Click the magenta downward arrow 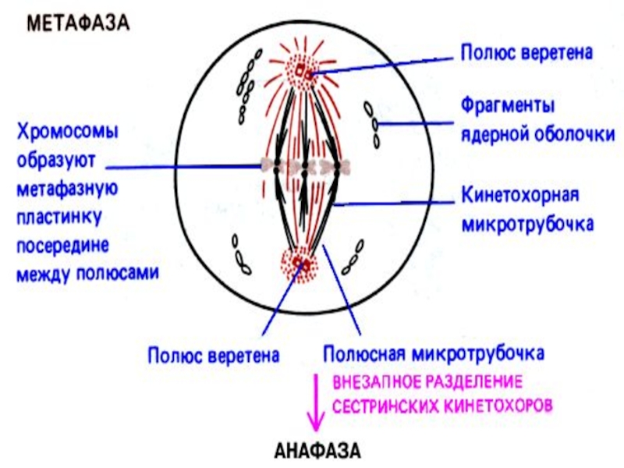[x=316, y=402]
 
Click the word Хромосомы [x=65, y=133]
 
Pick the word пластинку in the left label [x=57, y=217]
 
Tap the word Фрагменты [x=505, y=105]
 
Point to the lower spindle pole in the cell [x=300, y=265]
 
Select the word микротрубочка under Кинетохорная [x=527, y=225]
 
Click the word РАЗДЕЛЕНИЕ [x=475, y=385]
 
